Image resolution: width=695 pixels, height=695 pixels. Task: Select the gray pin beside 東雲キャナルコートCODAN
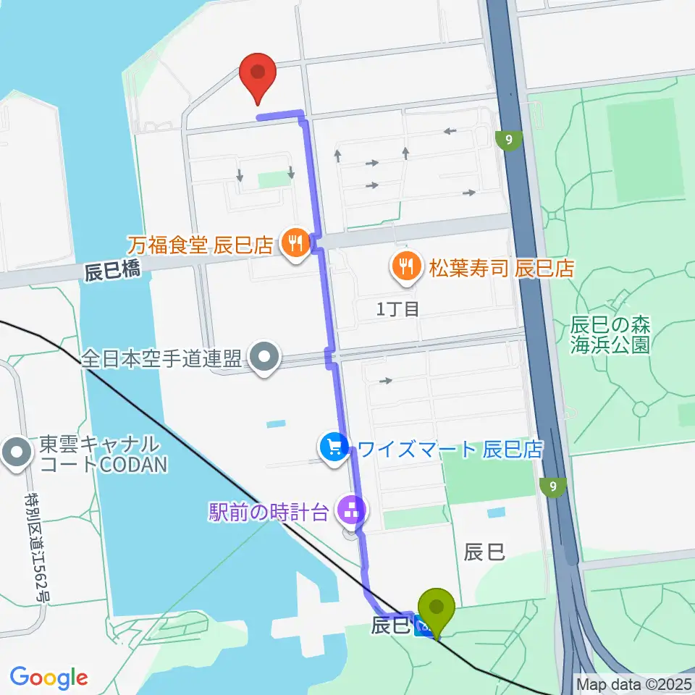pyautogui.click(x=15, y=452)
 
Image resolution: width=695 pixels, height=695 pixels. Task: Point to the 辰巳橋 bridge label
pyautogui.click(x=111, y=272)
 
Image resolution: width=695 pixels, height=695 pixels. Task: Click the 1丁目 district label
pyautogui.click(x=397, y=309)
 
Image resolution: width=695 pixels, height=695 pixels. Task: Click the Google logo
pyautogui.click(x=49, y=678)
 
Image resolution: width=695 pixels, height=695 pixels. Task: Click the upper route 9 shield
pyautogui.click(x=511, y=140)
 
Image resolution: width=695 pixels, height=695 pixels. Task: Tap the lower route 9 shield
pyautogui.click(x=554, y=486)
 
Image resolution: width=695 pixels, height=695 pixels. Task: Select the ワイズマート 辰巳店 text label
pyautogui.click(x=450, y=449)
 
